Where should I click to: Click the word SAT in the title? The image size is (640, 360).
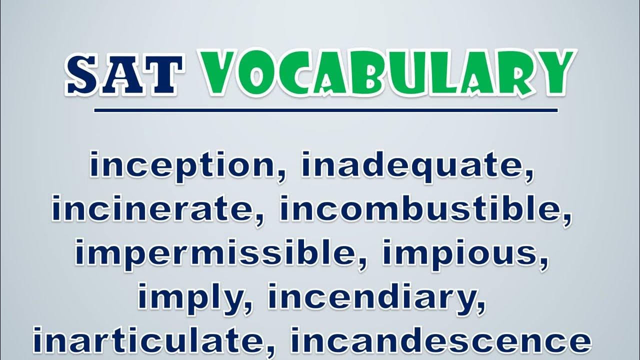coord(124,74)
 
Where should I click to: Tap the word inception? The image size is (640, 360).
coord(182,165)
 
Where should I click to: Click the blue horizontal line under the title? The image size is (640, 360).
coord(326,110)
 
